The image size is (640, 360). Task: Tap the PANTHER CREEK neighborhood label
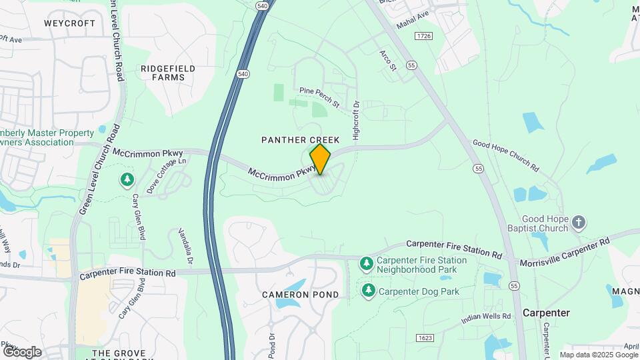point(301,140)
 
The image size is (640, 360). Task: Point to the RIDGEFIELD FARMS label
point(168,73)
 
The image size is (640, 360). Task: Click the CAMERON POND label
point(300,295)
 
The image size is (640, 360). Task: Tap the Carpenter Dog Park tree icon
point(368,291)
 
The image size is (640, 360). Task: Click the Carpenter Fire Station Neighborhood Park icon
point(366,265)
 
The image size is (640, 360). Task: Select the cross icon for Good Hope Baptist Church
point(579,223)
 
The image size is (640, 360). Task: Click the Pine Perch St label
point(320,97)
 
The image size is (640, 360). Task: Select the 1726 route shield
point(423,35)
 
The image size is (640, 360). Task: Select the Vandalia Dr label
point(185,247)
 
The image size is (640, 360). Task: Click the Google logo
point(22,351)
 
